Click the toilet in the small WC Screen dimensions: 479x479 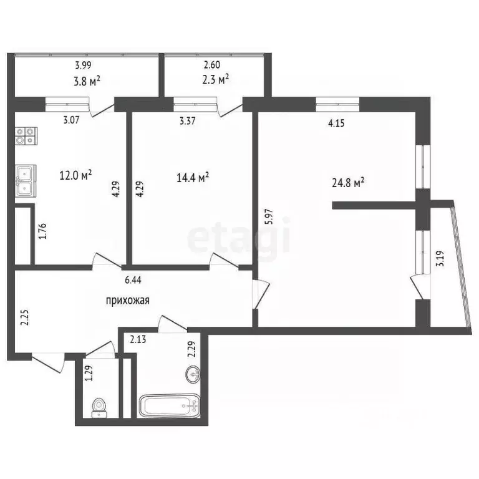coord(99,407)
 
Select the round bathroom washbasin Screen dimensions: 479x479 coord(192,375)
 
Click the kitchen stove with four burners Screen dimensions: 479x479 coord(26,135)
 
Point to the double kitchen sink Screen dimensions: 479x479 coord(26,181)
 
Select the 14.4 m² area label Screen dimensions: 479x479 coord(193,177)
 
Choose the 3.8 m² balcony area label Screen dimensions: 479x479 coord(88,80)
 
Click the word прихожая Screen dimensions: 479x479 coord(127,301)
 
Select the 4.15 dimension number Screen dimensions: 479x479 coord(337,123)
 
